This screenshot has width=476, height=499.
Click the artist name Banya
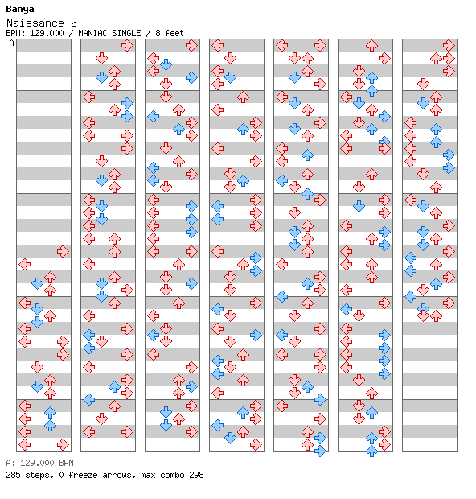(x=20, y=9)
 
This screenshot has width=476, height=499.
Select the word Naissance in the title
(x=35, y=23)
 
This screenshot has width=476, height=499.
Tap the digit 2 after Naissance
(x=73, y=23)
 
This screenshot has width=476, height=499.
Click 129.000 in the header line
(x=47, y=33)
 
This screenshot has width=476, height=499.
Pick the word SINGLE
(x=125, y=33)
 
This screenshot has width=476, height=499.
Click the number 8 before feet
(x=158, y=33)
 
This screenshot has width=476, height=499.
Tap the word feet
(x=174, y=33)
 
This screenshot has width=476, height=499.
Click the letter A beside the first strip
(x=12, y=43)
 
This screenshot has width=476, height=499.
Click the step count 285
(x=14, y=475)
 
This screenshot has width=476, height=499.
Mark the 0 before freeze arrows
(x=61, y=475)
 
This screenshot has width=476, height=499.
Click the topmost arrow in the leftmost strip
(x=63, y=251)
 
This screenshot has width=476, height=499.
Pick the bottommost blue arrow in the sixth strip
(x=371, y=451)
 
